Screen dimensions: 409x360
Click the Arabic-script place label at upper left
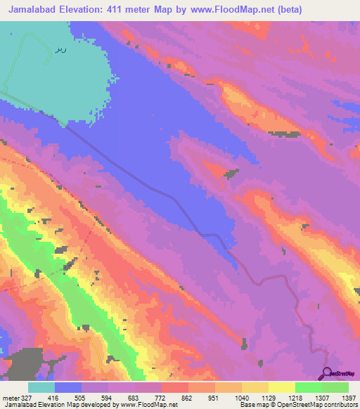[x=60, y=51]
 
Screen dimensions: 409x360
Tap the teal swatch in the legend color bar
[x=41, y=387]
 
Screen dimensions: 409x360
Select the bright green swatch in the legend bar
[x=308, y=387]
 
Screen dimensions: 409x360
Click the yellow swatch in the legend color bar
[x=281, y=387]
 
